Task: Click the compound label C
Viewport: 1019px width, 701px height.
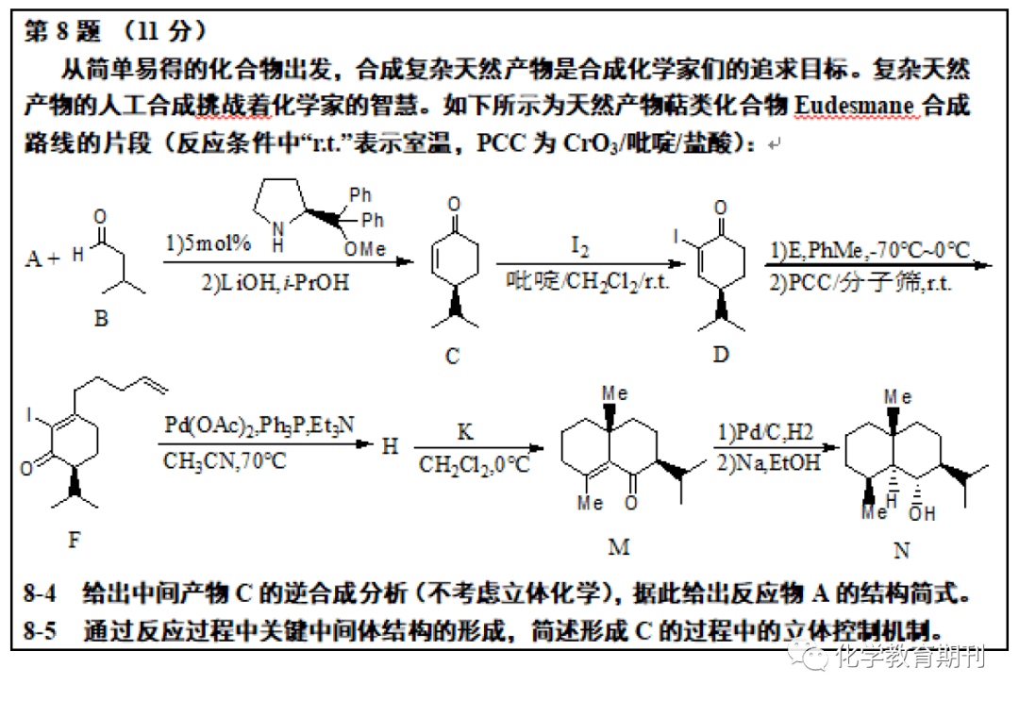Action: pos(452,356)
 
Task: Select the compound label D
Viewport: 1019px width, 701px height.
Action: pos(722,354)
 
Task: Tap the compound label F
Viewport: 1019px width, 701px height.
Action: pos(75,539)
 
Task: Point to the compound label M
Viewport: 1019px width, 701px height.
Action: pos(619,547)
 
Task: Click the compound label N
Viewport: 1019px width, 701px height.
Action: pos(901,550)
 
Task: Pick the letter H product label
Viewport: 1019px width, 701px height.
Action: pos(390,446)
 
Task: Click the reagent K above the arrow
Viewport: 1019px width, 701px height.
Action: pos(465,432)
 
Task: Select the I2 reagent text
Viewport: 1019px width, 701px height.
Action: pos(579,246)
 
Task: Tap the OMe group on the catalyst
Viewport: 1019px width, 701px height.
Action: pos(364,249)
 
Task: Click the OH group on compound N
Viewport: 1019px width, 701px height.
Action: pos(922,514)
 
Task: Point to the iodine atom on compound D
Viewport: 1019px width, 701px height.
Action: pos(676,237)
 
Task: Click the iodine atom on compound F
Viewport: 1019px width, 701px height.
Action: pos(28,414)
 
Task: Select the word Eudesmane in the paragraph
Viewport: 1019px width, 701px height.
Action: pos(854,106)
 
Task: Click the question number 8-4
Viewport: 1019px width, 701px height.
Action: pos(40,593)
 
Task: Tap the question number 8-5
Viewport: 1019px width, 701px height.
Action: pos(40,630)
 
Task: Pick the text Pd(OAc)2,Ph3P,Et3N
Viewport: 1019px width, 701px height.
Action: pos(259,425)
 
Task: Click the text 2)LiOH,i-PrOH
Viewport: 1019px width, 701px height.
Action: pos(275,283)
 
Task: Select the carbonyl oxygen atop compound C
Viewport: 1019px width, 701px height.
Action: pos(454,205)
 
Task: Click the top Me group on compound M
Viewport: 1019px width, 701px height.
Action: pos(615,393)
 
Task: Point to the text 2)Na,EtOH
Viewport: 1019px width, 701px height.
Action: pos(768,462)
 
